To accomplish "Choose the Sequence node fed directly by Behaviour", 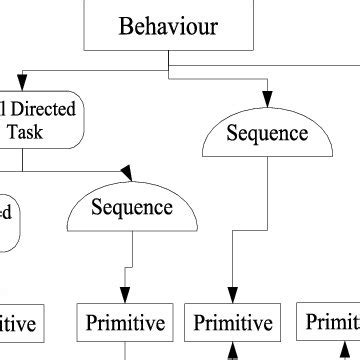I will tap(266, 134).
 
